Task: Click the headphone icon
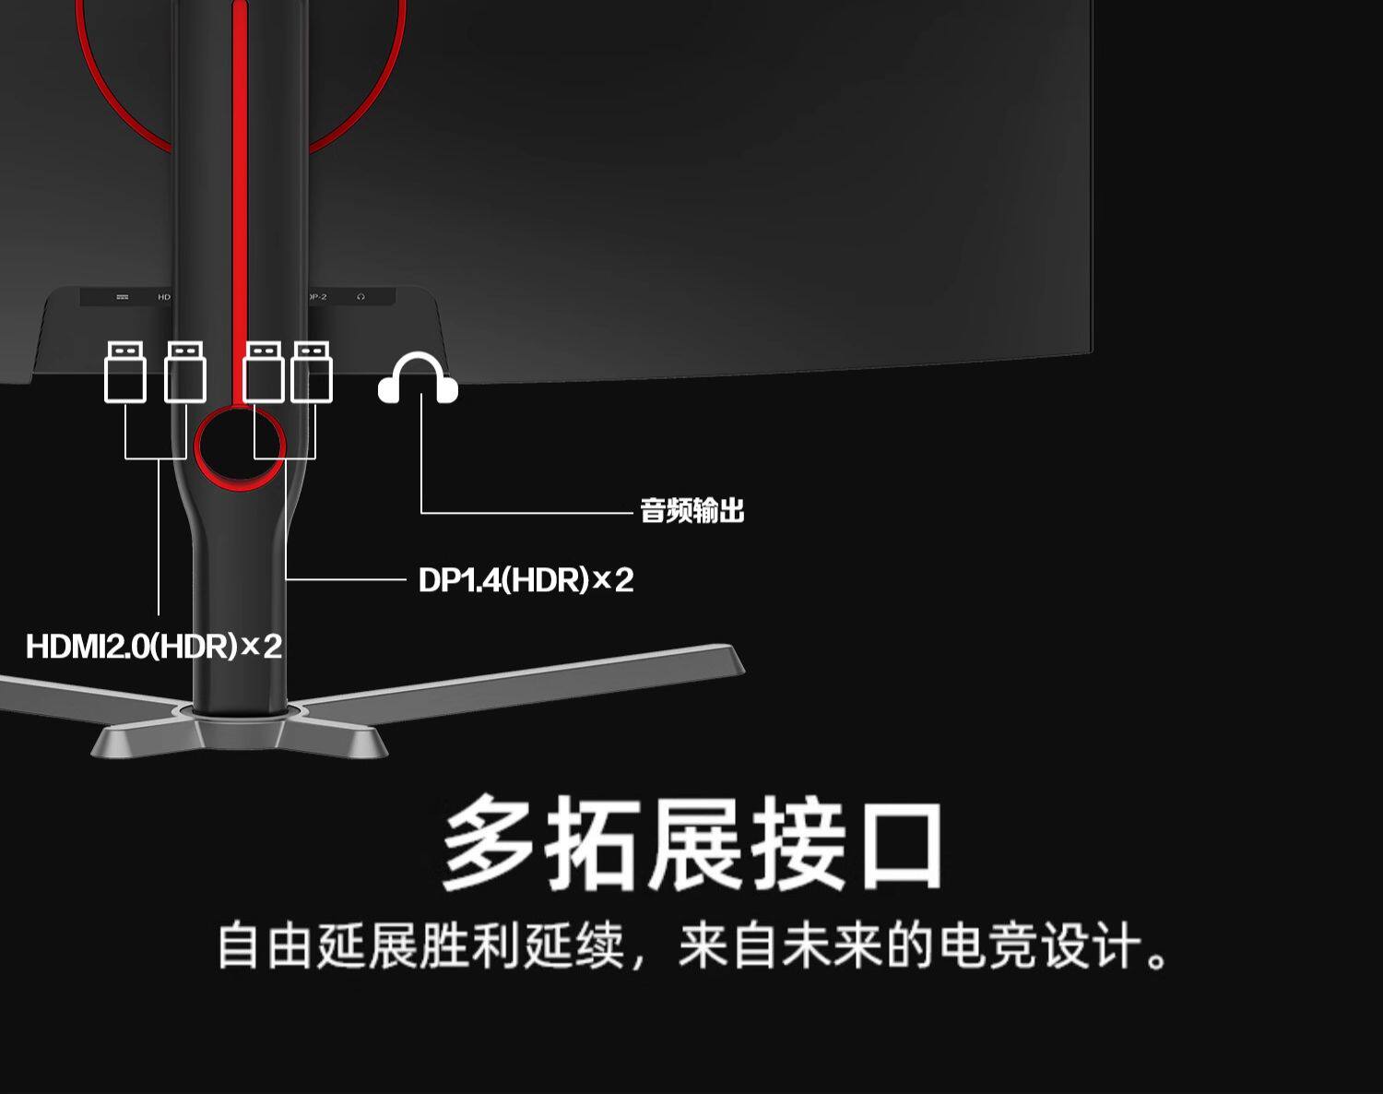(x=418, y=378)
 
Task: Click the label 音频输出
(x=691, y=510)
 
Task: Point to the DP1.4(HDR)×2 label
(x=526, y=580)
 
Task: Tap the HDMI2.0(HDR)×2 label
(x=154, y=646)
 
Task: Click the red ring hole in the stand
(x=240, y=448)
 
